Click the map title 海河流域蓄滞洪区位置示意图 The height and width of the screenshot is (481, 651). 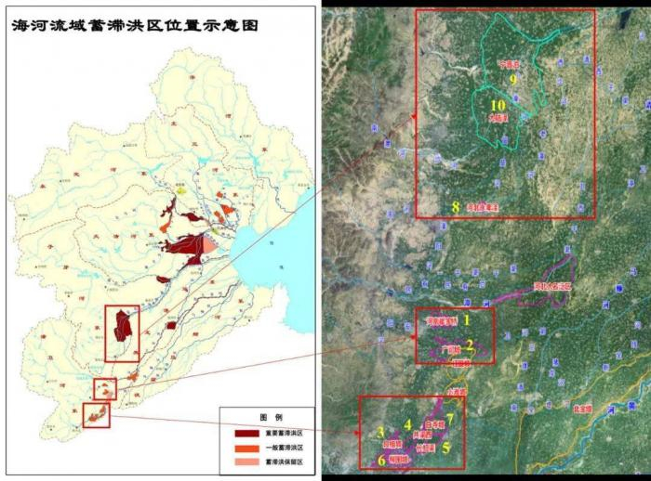[133, 27]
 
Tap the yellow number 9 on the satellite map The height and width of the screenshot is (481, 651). [512, 80]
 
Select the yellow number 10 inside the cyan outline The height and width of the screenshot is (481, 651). [498, 106]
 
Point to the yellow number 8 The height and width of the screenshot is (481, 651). [455, 206]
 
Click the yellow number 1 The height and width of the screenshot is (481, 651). [467, 318]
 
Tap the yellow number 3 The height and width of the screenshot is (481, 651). [380, 432]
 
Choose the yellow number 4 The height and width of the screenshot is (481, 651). [407, 424]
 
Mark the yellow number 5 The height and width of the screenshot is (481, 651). [446, 447]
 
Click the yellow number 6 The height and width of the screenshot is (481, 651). [380, 459]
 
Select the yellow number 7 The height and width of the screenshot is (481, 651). [450, 417]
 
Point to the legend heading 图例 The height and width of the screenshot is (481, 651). [267, 416]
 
